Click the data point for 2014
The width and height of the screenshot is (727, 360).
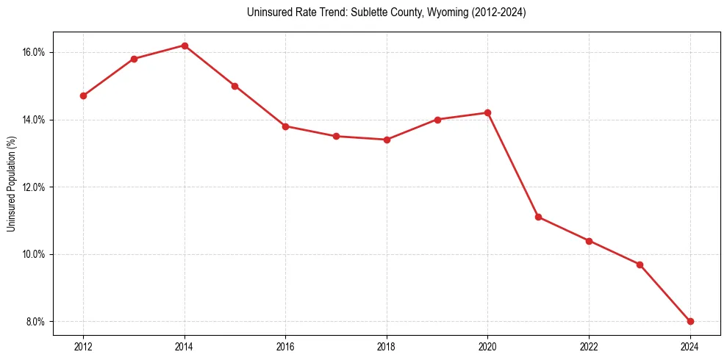185,46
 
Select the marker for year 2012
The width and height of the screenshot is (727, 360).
83,96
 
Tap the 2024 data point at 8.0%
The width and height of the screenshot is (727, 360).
690,321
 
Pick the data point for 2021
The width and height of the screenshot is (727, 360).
539,217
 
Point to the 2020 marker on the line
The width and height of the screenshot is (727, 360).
488,112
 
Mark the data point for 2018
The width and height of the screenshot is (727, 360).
387,140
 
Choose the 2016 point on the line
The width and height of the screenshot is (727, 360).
285,126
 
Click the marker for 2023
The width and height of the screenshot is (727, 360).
640,264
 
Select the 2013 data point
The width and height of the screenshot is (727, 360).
134,59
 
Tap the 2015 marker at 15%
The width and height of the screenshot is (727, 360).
234,86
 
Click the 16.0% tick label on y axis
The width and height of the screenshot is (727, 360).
35,52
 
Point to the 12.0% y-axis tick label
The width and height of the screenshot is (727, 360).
35,187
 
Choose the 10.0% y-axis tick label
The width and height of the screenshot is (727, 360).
35,254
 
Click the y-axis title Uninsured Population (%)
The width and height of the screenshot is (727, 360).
11,184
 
